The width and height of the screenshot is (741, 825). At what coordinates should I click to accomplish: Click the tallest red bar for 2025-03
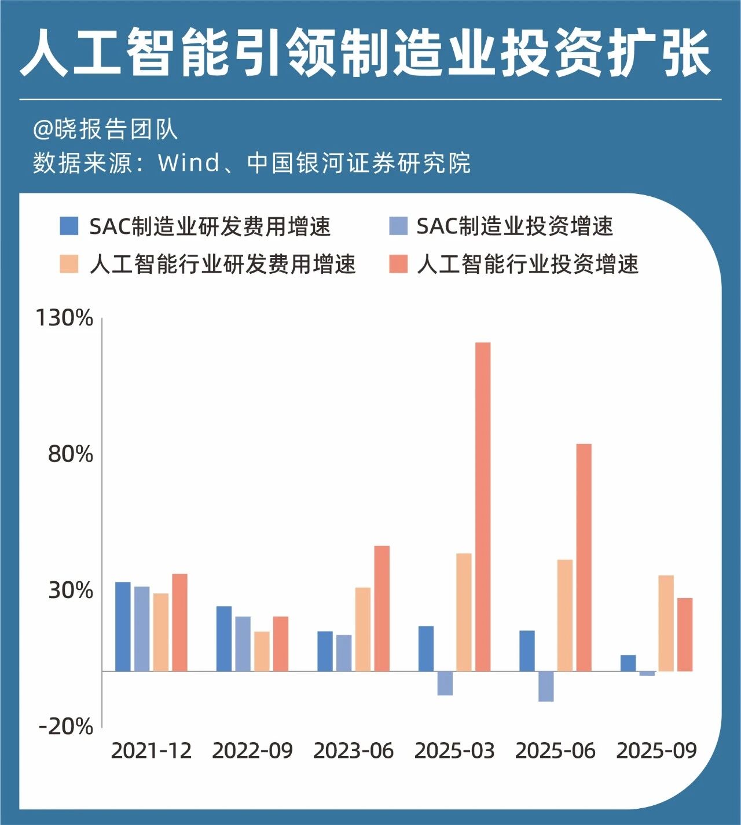coord(483,507)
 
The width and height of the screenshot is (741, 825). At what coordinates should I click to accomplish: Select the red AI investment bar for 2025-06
coord(584,558)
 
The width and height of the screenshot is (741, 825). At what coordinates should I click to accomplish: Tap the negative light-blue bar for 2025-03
coord(445,683)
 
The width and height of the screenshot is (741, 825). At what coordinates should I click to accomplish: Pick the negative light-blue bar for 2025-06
coord(546,686)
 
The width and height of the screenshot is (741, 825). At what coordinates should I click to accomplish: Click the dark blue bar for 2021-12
coord(123,626)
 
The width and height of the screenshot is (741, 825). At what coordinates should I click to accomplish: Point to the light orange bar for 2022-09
coord(262,651)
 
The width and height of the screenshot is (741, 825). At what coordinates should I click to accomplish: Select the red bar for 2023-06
coord(381,608)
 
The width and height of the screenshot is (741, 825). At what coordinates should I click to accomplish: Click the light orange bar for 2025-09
coord(666,623)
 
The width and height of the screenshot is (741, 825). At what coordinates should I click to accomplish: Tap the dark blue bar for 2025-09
coord(628,663)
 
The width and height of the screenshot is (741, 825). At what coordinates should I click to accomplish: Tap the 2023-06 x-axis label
coord(353,751)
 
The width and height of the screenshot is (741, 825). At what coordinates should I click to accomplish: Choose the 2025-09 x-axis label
coord(656,751)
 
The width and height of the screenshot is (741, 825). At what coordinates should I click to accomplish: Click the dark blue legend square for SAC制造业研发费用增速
coord(69,226)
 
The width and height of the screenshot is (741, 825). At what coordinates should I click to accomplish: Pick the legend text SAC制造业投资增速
coord(514,226)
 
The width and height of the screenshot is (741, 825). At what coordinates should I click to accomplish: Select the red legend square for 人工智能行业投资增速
coord(398,264)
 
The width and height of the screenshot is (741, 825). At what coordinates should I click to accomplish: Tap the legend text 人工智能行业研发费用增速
coord(222,265)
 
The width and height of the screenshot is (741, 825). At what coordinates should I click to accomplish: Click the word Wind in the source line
coord(189,163)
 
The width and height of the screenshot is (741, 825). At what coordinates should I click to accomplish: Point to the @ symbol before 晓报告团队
coord(43,130)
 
